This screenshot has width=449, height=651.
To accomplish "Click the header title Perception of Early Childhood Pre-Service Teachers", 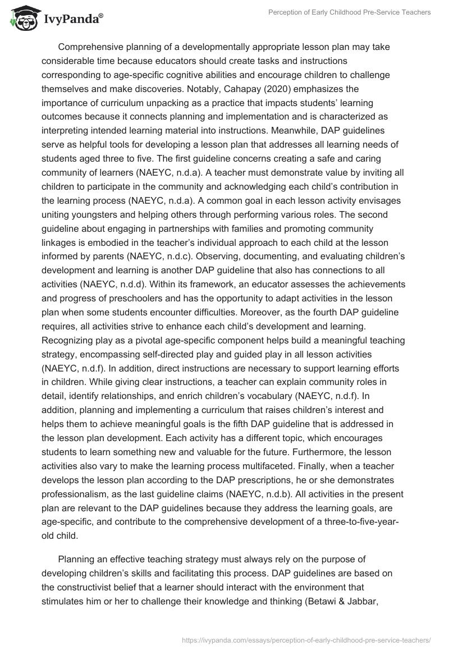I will pos(349,12).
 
